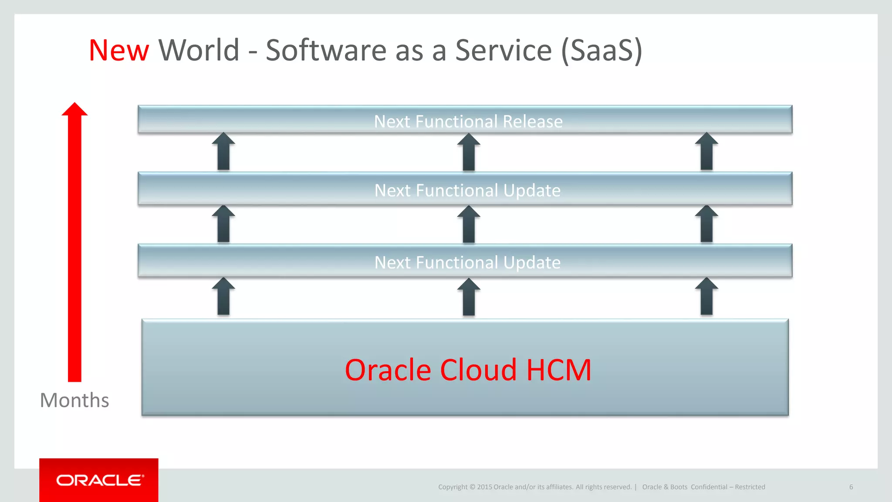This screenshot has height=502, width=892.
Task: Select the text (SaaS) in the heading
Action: (601, 51)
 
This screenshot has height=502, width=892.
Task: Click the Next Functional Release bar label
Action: (468, 121)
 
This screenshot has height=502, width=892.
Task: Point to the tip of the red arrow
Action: (74, 105)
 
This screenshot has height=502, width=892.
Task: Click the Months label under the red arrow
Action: (74, 400)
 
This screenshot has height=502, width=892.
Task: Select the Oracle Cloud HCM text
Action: (468, 370)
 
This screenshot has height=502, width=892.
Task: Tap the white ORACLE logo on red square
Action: (100, 480)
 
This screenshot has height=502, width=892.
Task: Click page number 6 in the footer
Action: (851, 487)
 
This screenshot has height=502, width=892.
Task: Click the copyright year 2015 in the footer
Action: (484, 487)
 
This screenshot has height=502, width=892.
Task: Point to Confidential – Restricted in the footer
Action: (728, 487)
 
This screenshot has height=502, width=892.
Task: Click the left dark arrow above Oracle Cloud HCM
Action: (223, 297)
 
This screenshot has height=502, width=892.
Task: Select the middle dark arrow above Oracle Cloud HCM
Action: (469, 297)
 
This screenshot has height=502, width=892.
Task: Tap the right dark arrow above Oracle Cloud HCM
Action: (706, 297)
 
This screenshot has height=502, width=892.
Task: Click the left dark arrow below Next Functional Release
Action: (223, 152)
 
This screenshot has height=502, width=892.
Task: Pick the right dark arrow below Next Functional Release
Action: (706, 152)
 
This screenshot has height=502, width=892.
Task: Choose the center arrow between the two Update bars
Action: (469, 225)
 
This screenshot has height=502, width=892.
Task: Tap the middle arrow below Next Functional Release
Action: (469, 152)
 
